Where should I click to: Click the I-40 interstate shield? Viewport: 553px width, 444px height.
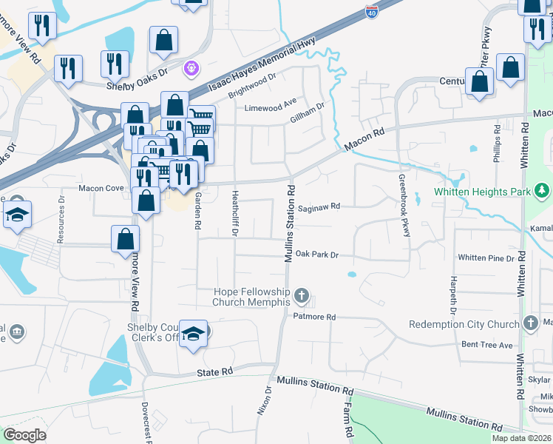click(x=370, y=13)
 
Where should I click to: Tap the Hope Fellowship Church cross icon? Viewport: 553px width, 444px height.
click(x=301, y=297)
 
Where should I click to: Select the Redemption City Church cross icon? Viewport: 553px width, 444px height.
click(x=530, y=323)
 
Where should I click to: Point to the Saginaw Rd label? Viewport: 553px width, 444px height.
click(x=319, y=207)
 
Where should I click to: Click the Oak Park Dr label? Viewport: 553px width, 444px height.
click(x=316, y=255)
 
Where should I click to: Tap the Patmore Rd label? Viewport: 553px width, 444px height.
click(x=316, y=317)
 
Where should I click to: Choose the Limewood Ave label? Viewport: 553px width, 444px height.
click(x=271, y=107)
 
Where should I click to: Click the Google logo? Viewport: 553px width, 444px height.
click(x=24, y=435)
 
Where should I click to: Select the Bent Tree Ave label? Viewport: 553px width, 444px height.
click(x=486, y=346)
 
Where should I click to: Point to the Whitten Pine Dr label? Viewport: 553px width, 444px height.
click(x=485, y=258)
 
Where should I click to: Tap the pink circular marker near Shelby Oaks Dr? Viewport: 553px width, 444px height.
click(x=191, y=67)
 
